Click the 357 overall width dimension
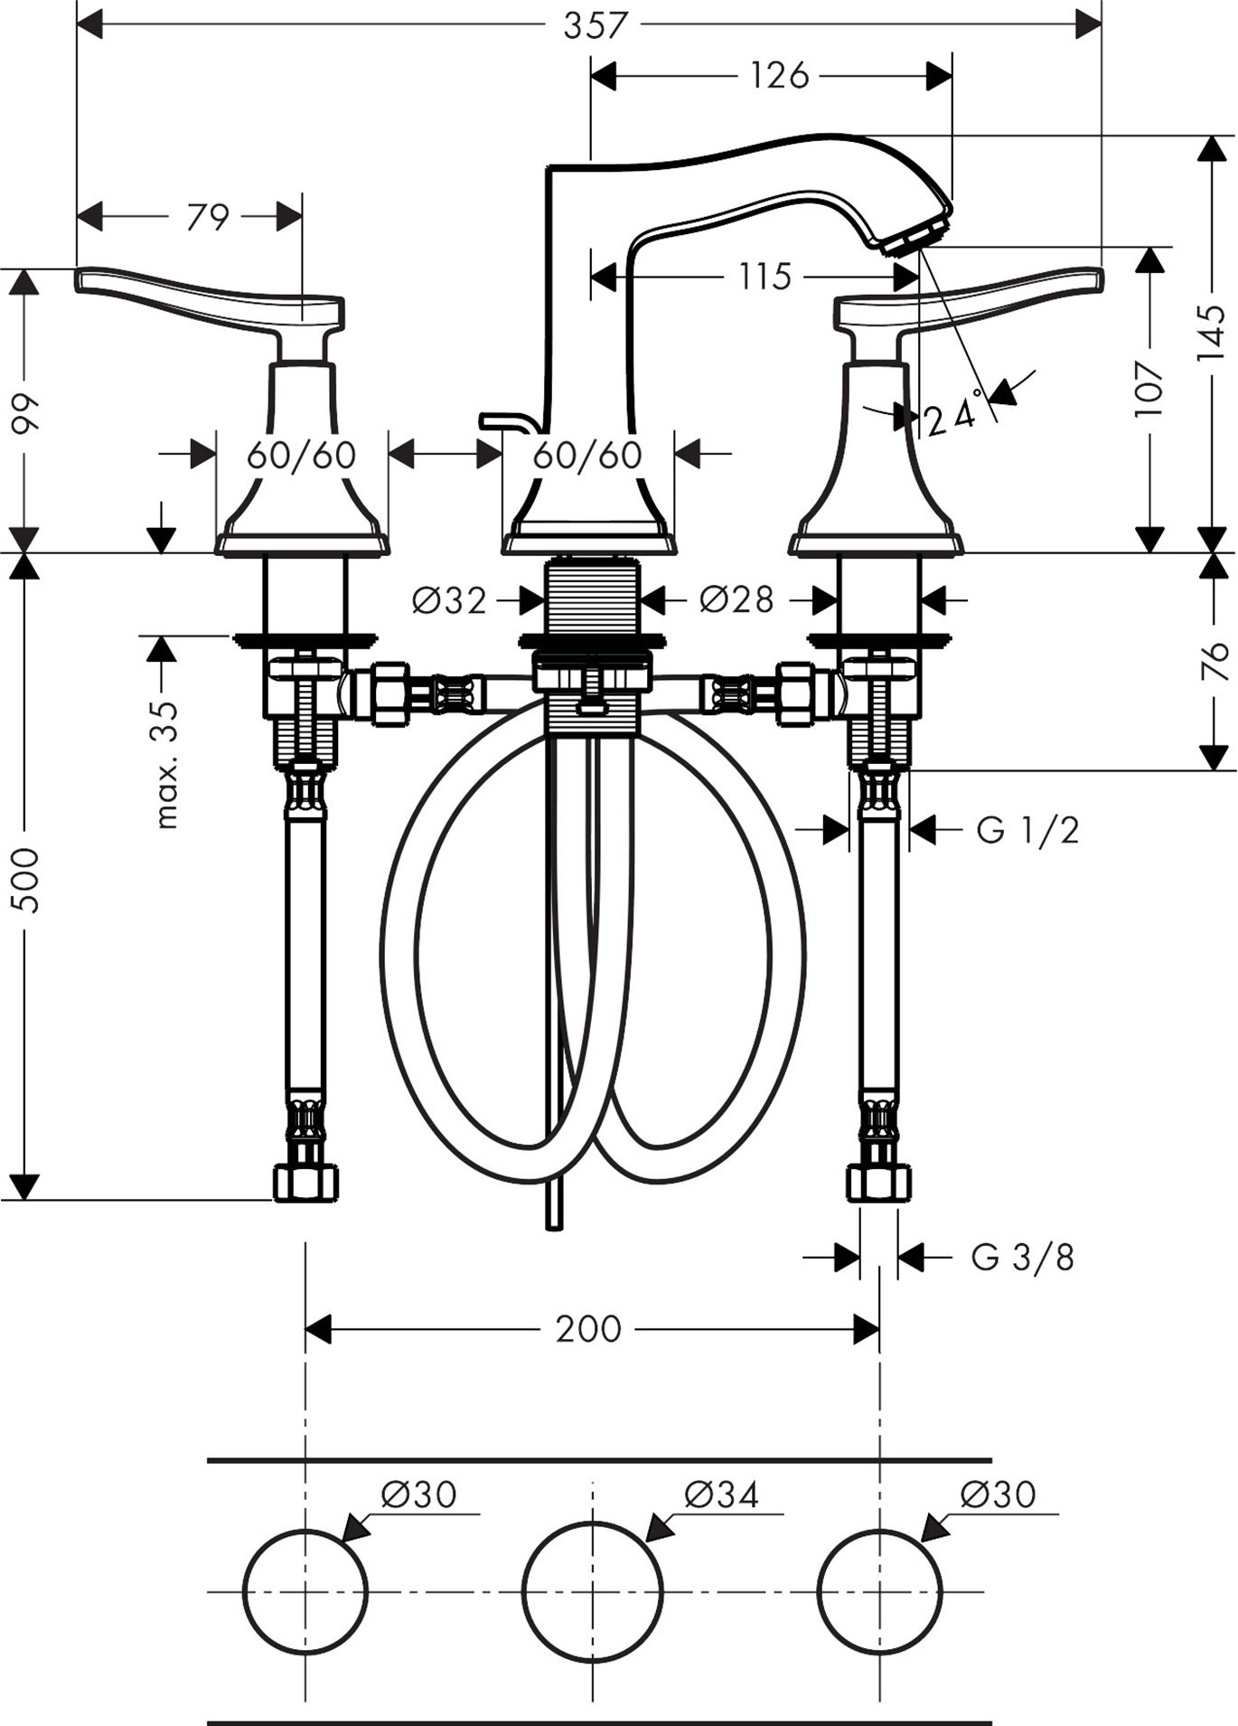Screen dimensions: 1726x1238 click(595, 25)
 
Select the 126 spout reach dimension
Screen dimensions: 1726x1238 click(779, 76)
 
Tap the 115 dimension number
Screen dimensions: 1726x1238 click(764, 276)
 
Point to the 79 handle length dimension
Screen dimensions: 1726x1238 click(208, 217)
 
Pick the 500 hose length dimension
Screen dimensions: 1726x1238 click(27, 879)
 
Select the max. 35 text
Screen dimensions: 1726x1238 click(167, 764)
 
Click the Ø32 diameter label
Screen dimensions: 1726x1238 click(449, 599)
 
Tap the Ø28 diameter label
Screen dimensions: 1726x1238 click(736, 599)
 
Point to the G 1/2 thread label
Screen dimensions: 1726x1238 click(1027, 829)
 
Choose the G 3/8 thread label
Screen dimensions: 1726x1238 click(1022, 1257)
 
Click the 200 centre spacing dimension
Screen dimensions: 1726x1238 click(588, 1329)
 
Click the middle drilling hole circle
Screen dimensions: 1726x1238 click(592, 1590)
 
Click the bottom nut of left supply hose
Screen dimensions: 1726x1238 click(305, 1183)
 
